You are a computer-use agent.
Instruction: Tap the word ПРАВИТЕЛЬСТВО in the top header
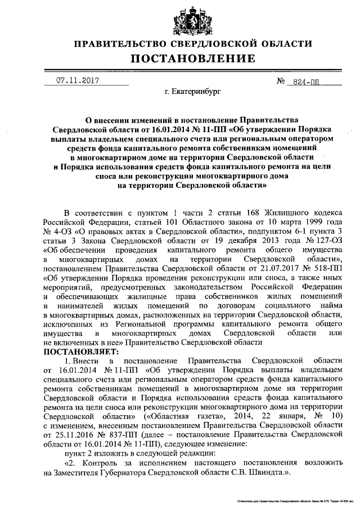point(115,43)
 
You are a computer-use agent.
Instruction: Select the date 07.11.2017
point(77,80)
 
